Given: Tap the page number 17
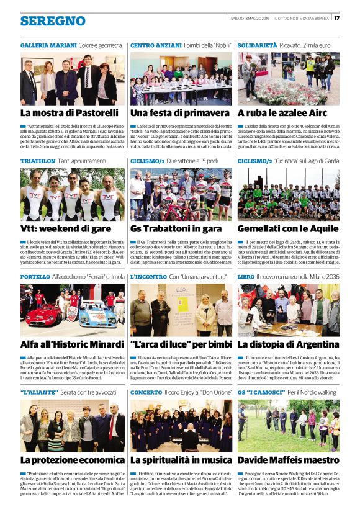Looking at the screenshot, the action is coord(336,17).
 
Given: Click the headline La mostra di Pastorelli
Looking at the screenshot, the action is coord(69,113).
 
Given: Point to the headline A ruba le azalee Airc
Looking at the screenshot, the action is coord(282,113).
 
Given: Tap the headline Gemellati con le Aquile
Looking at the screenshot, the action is coord(287,228).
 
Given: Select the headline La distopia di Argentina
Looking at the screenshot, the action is coord(288,344).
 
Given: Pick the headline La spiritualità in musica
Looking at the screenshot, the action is coord(181,460).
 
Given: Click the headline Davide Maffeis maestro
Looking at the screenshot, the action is coord(288,460).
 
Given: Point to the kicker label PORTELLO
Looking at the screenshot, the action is coord(35,277).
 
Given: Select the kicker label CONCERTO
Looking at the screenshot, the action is coord(146,393).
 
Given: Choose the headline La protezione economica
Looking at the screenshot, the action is coord(72,460).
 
